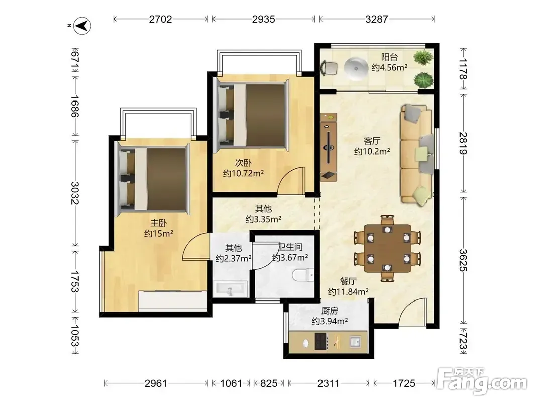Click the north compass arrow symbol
click(82, 26)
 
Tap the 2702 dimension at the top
click(160, 19)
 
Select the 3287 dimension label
click(376, 19)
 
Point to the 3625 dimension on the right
click(463, 260)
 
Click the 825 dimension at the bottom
click(269, 383)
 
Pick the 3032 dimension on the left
click(74, 193)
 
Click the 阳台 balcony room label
click(389, 57)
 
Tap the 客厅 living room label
click(372, 141)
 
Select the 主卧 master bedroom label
click(159, 223)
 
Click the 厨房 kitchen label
click(330, 311)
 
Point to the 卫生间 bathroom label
click(291, 247)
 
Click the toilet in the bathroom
click(303, 275)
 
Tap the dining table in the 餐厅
click(387, 248)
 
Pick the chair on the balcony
click(329, 68)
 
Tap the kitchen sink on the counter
click(355, 342)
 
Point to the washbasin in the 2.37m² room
click(230, 289)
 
